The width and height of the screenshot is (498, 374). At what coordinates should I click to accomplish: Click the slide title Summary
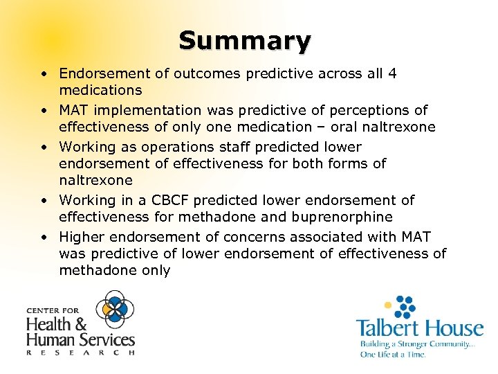(x=245, y=41)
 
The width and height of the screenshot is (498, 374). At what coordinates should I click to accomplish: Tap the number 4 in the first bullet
(x=392, y=73)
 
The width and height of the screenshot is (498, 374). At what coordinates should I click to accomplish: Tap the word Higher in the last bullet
(x=82, y=237)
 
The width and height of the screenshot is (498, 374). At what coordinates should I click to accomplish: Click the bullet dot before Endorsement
(x=44, y=73)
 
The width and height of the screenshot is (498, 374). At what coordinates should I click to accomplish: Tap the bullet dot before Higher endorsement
(x=44, y=237)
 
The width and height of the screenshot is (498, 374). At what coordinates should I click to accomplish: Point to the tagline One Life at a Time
(x=392, y=354)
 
